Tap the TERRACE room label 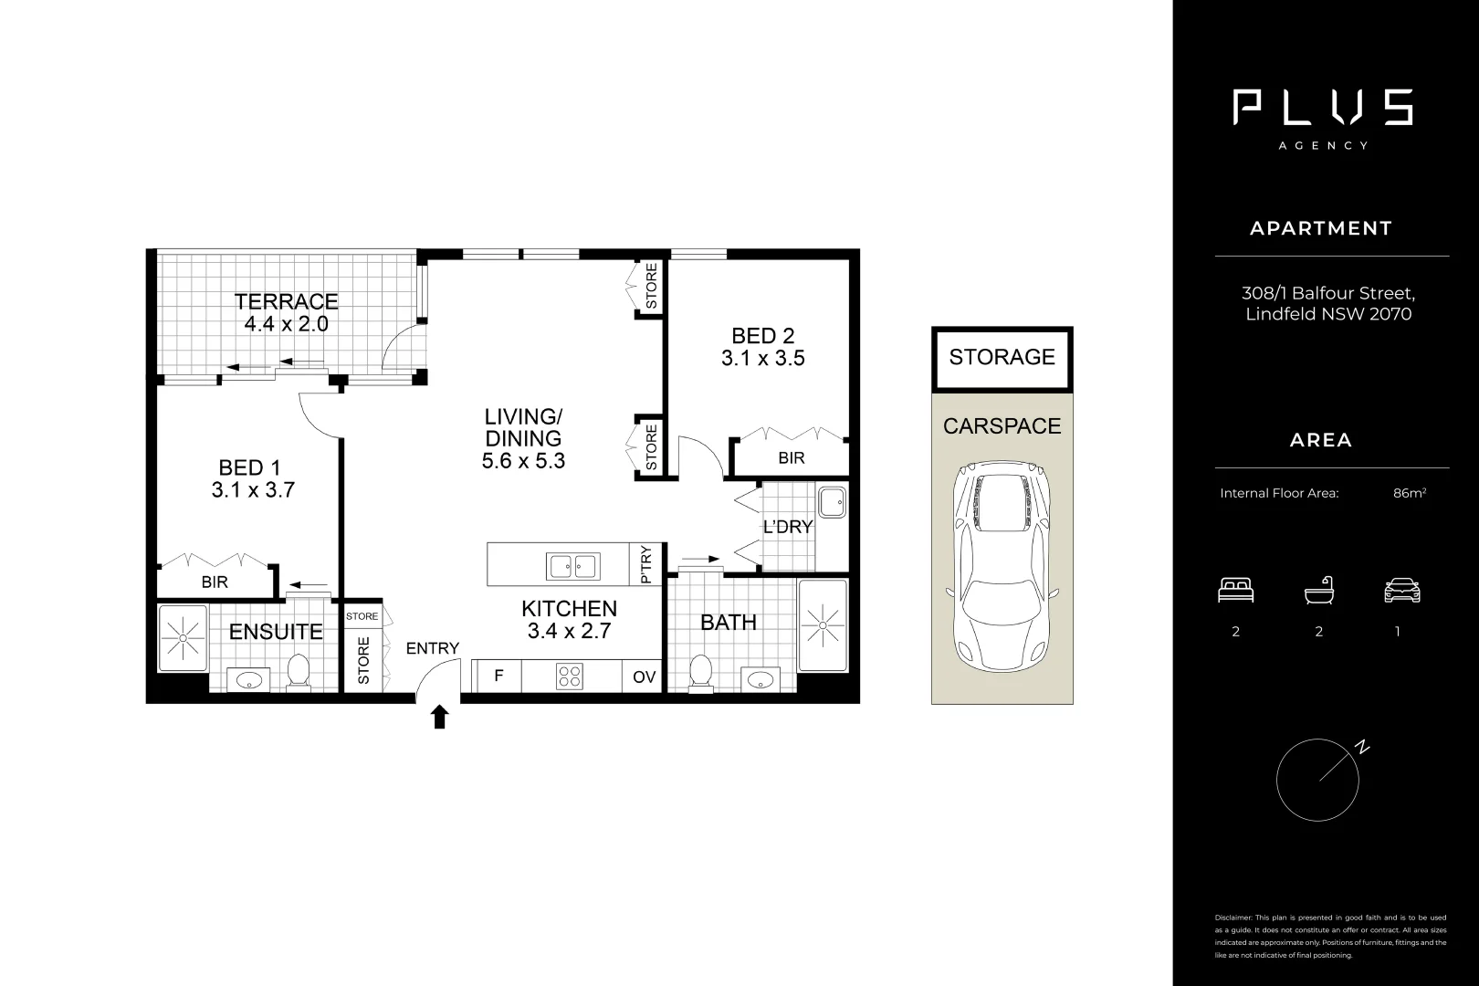tap(286, 301)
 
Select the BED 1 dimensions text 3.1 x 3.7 tap(253, 490)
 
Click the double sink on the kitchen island tap(572, 566)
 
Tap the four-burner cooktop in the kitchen tap(570, 677)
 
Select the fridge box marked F tap(498, 677)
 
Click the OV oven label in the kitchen tap(644, 677)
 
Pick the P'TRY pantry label tap(646, 564)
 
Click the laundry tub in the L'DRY tap(832, 502)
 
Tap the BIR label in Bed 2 tap(792, 458)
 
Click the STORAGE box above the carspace tap(1002, 357)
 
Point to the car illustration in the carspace tap(1002, 566)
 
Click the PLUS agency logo tap(1322, 108)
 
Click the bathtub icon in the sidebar tap(1318, 591)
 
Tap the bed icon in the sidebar tap(1235, 591)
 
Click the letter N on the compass tap(1362, 748)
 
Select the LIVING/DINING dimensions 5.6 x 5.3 tap(523, 461)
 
